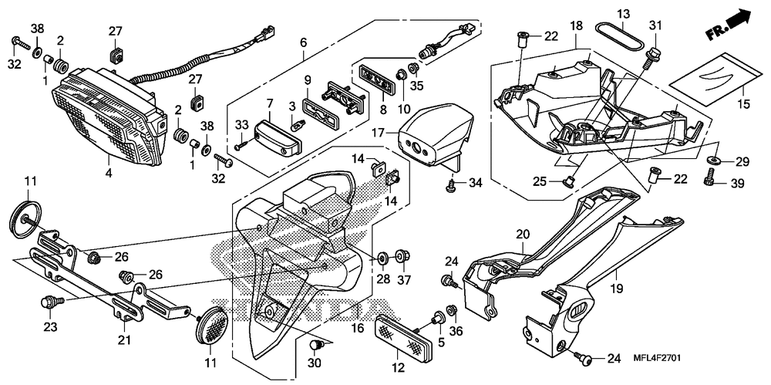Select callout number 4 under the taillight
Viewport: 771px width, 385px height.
(x=109, y=174)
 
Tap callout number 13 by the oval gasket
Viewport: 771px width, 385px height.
(x=623, y=14)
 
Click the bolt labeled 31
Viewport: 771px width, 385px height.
(x=651, y=53)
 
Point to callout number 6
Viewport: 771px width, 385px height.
(x=303, y=42)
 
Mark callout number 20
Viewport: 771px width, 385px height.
(x=523, y=234)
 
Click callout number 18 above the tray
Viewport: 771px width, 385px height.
(x=575, y=26)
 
